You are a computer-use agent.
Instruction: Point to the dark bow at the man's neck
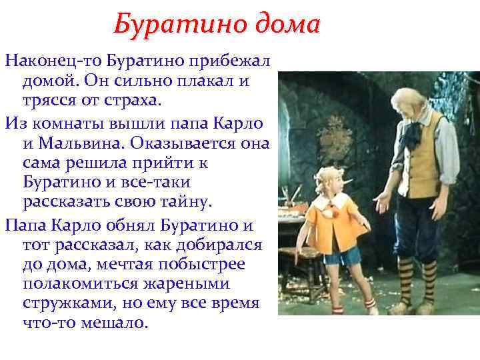coord(413,129)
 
